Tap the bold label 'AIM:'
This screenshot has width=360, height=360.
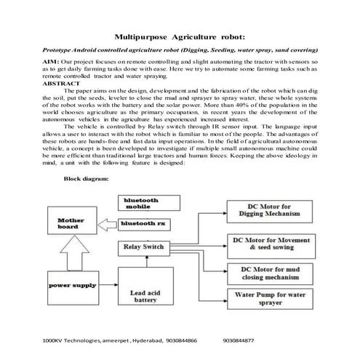(51, 63)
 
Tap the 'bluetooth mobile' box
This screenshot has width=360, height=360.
(143, 202)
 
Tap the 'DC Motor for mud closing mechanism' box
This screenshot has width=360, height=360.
(267, 273)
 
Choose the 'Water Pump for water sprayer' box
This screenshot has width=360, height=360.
(267, 300)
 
